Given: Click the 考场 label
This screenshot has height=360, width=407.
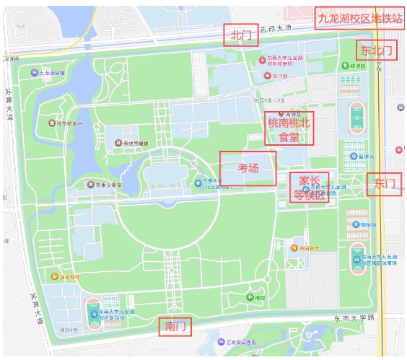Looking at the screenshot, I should tap(248, 168).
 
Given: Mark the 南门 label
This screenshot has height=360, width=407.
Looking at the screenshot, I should tap(176, 327).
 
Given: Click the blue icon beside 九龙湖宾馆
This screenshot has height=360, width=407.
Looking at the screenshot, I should tap(35, 73).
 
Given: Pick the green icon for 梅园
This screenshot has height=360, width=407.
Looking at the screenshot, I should tap(249, 297).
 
